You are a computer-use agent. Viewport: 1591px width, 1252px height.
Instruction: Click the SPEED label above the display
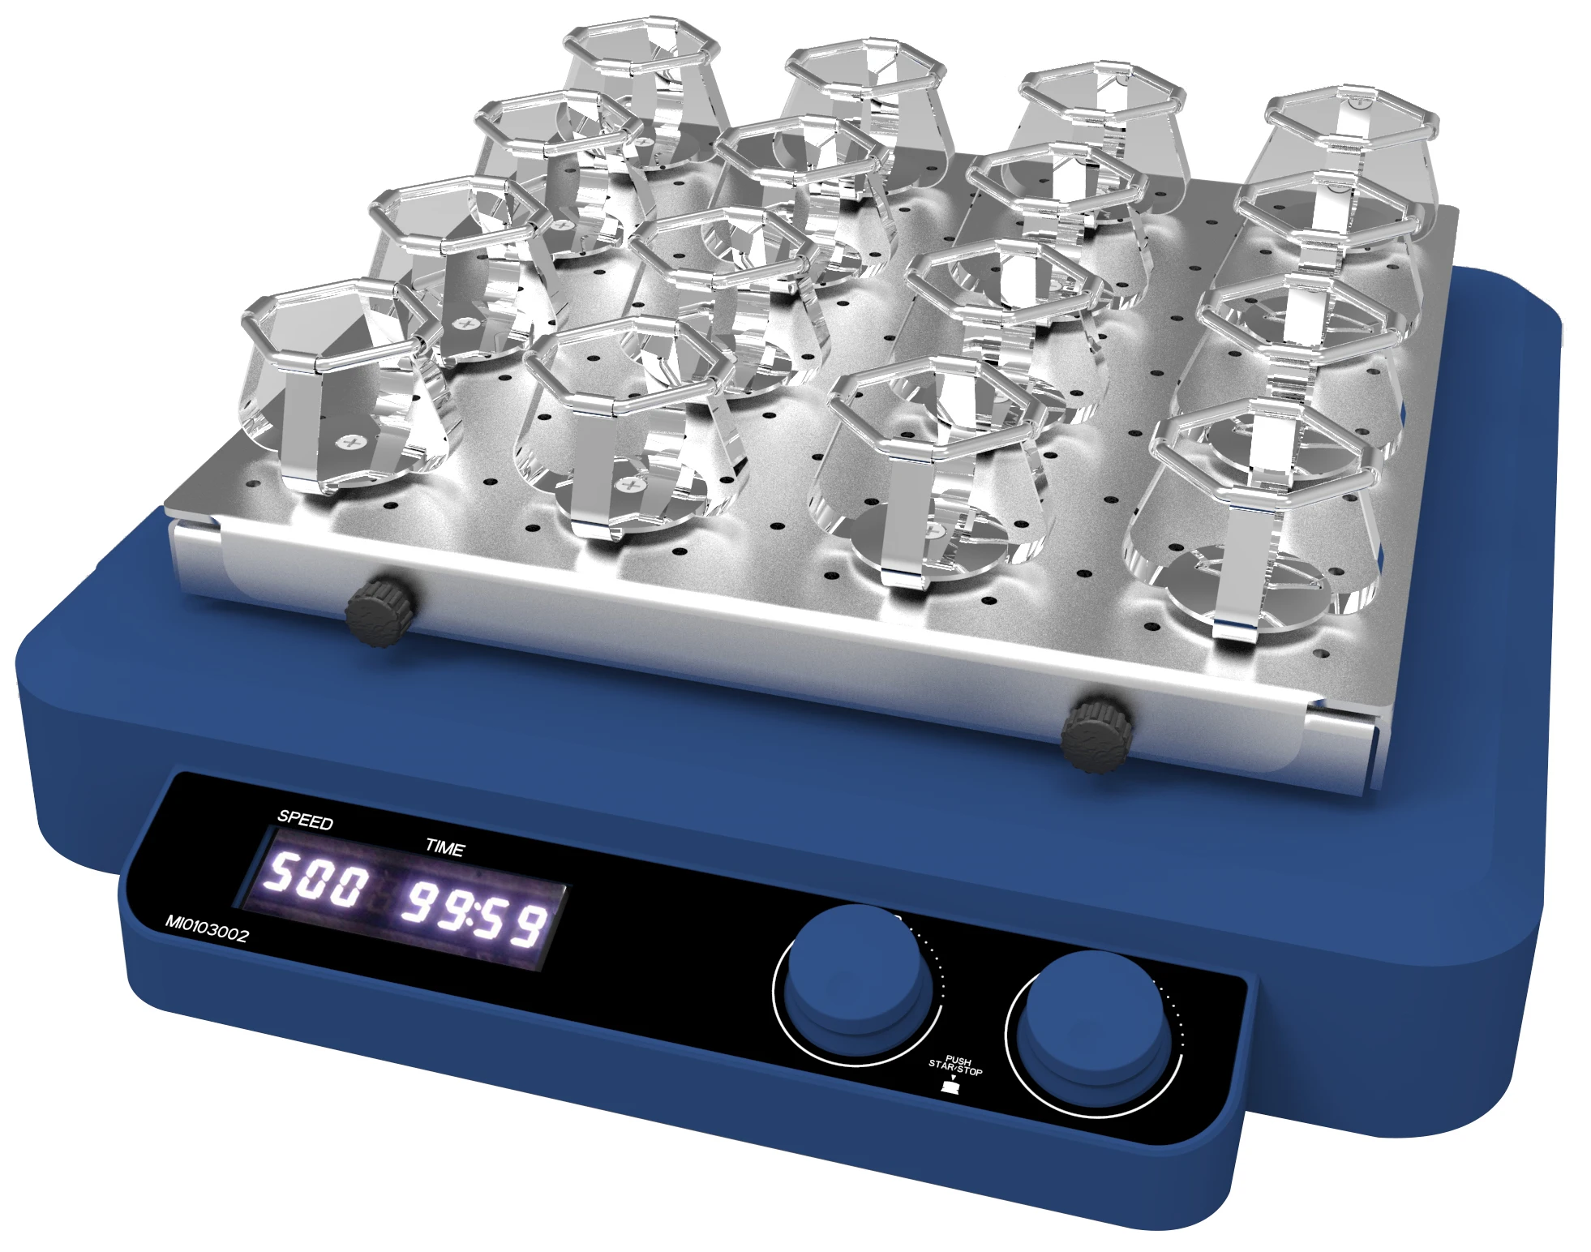305,820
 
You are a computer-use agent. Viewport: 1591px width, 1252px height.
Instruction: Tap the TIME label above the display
445,847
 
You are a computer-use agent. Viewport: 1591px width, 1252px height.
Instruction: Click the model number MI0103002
207,928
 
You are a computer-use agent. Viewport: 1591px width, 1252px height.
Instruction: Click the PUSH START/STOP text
956,1065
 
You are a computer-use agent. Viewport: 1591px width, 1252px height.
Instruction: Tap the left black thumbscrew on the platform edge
380,611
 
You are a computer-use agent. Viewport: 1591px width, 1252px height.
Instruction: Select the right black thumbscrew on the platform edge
1096,734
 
